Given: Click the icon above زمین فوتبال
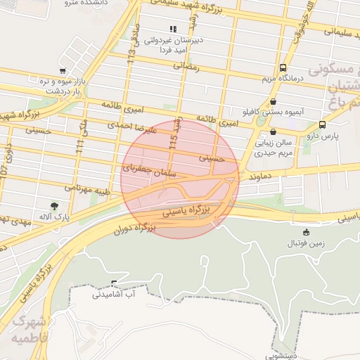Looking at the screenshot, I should [306, 232].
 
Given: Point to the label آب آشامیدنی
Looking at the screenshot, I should [118, 294].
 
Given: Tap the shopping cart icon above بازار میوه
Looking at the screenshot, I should [63, 71].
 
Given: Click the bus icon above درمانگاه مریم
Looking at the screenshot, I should [283, 68].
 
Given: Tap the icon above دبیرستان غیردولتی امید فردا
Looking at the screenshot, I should [173, 30].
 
